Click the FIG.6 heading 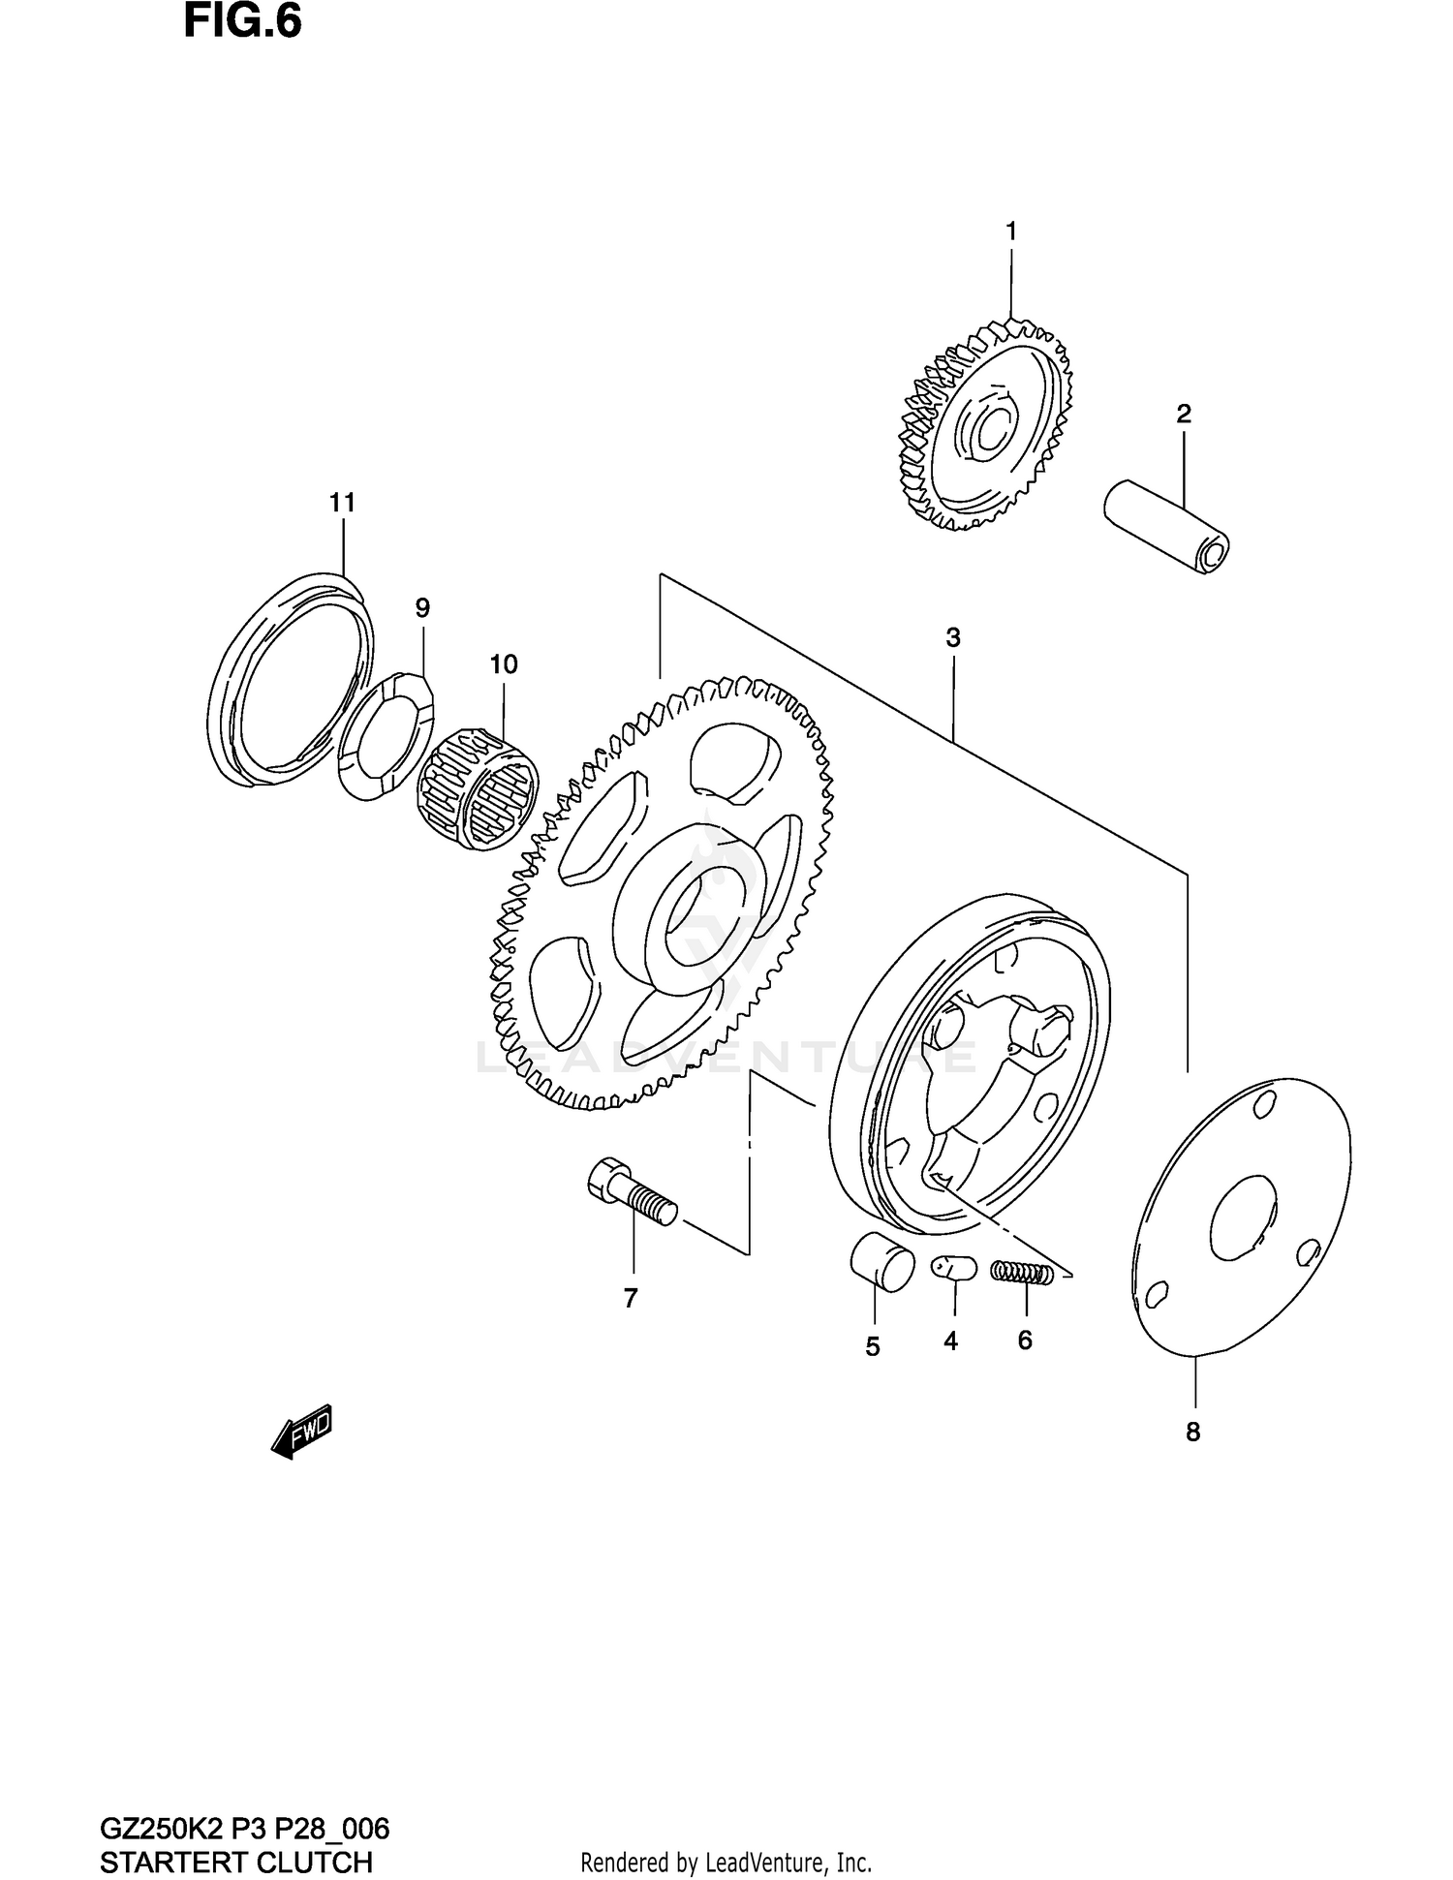[242, 23]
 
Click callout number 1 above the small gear [1010, 231]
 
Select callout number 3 [953, 638]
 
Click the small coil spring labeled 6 [1022, 1274]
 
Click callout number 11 [342, 503]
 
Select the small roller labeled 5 [882, 1263]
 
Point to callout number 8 [1192, 1432]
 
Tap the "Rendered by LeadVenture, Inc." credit [726, 1863]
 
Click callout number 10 [504, 664]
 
